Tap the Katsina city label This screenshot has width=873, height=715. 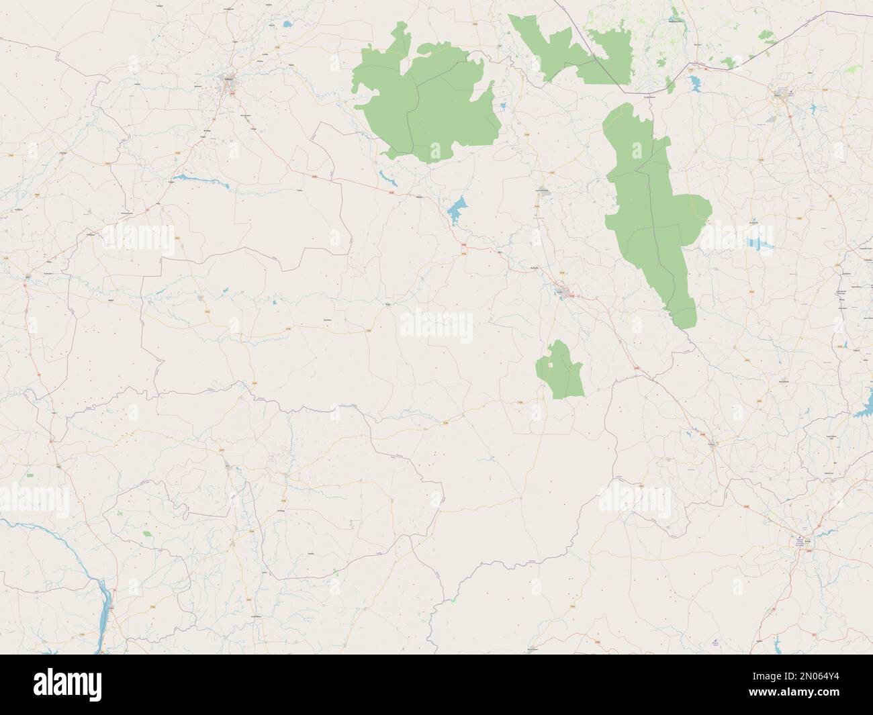tap(778, 95)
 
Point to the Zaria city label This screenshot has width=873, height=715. tap(799, 538)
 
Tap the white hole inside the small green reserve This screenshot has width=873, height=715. tap(551, 365)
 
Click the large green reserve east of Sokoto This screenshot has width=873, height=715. tap(426, 101)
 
